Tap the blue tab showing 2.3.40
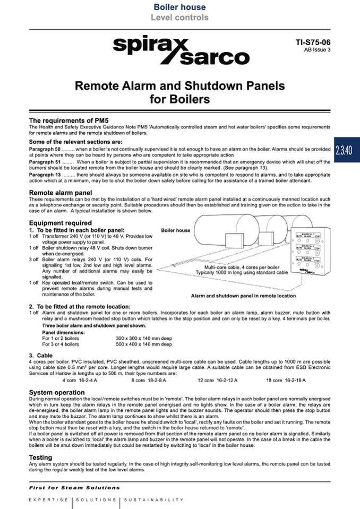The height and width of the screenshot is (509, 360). coord(344,150)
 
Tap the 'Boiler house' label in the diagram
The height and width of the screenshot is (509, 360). coord(175,230)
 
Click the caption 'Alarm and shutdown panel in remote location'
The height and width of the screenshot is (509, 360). coord(243,296)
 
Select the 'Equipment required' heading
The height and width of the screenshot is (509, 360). coord(60,223)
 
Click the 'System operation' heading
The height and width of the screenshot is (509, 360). coord(56,392)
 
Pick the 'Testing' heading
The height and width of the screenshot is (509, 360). coord(40,457)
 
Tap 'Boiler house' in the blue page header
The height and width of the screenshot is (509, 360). coord(179,7)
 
